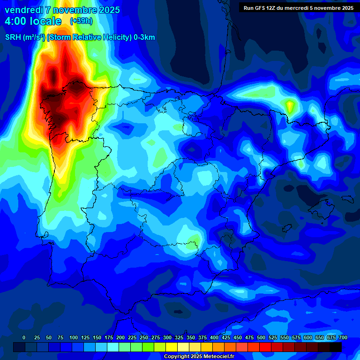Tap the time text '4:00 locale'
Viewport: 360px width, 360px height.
(x=33, y=21)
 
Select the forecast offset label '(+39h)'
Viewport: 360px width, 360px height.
(x=82, y=21)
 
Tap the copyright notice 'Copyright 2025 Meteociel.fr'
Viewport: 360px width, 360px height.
(x=199, y=356)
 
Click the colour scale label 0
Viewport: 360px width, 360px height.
(x=24, y=337)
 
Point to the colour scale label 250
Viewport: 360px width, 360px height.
(x=144, y=337)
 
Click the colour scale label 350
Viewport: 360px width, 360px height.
(x=191, y=337)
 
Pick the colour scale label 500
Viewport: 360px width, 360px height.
(x=261, y=337)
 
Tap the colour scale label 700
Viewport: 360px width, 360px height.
(x=343, y=337)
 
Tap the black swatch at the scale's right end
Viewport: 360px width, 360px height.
(x=336, y=347)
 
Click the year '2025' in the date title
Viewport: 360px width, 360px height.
(x=108, y=10)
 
